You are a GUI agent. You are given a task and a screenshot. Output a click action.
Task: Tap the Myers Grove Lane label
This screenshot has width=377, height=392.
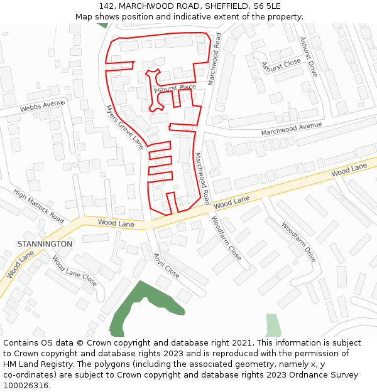pyautogui.click(x=124, y=127)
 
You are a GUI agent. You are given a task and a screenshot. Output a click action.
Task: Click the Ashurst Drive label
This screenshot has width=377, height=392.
pyautogui.click(x=308, y=56)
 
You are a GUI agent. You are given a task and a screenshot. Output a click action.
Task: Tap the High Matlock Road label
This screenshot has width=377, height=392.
pyautogui.click(x=38, y=207)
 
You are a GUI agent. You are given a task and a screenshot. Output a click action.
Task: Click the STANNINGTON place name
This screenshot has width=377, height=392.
pyautogui.click(x=45, y=243)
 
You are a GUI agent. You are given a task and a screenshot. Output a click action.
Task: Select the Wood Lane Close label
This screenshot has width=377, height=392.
pyautogui.click(x=74, y=271)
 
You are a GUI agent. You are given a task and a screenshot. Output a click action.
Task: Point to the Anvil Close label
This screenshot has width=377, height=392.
pyautogui.click(x=167, y=266)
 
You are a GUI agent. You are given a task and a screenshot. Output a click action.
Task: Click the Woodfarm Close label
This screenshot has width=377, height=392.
pyautogui.click(x=226, y=238)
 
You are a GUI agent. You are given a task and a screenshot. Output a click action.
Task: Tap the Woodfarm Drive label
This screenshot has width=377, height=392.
pyautogui.click(x=298, y=241)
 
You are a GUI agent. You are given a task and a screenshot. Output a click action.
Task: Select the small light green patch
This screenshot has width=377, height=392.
pyautogui.click(x=273, y=325)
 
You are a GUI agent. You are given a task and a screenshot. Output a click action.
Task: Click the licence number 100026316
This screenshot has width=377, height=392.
pyautogui.click(x=26, y=386)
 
